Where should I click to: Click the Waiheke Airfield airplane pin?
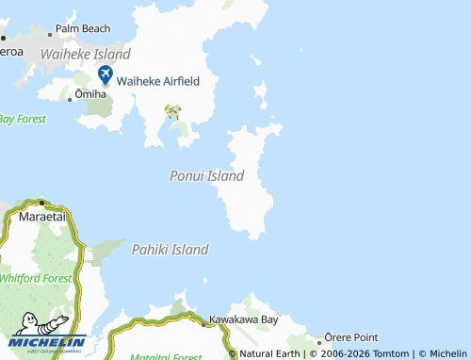106,74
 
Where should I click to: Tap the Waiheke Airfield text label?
157,81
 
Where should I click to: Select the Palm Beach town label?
82,28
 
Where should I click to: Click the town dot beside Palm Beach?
49,29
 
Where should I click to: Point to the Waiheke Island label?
85,55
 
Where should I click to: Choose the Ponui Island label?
207,176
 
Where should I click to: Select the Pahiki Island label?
170,250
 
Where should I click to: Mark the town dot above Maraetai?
42,203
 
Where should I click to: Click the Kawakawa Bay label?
244,320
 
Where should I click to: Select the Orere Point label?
351,337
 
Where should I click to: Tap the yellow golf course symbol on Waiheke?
172,112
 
